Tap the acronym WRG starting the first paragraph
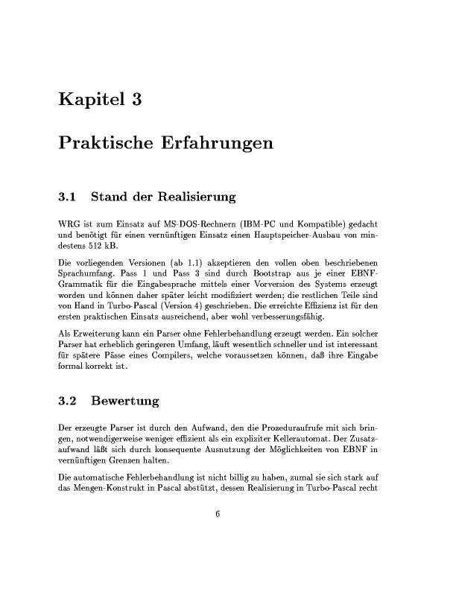[68, 223]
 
